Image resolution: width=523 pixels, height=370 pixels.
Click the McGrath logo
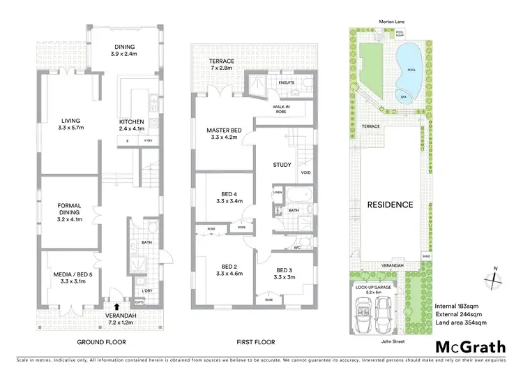pos(471,346)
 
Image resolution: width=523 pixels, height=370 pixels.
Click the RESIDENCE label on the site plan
pos(390,205)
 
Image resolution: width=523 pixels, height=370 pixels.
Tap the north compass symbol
pos(496,278)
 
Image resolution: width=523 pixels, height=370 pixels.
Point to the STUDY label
pos(282,165)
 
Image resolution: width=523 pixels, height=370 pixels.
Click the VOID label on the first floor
pos(305,172)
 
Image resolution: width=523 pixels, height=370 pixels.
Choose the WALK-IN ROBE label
pos(281,109)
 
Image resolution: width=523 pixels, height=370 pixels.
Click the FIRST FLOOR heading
pos(255,342)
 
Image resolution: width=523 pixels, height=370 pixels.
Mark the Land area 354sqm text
pos(461,323)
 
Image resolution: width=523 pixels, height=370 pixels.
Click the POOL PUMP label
pos(420,33)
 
